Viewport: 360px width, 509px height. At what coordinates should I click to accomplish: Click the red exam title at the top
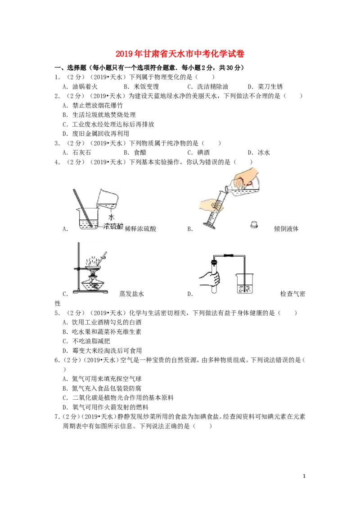pos(180,54)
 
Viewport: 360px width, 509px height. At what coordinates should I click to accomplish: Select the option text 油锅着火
pos(85,87)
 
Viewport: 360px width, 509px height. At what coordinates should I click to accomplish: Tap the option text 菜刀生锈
pos(270,87)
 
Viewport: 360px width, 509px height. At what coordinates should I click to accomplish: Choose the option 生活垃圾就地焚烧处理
pos(104,115)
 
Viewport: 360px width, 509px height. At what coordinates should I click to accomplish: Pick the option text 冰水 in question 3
pos(264,152)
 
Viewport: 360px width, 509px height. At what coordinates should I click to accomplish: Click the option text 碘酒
pos(203,152)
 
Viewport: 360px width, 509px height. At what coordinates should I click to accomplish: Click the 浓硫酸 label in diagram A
pos(113,226)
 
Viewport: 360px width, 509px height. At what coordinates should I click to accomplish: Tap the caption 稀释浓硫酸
pos(140,229)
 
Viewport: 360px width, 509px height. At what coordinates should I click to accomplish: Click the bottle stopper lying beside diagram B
pos(254,224)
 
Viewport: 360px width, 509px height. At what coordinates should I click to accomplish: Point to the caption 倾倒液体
pos(286,229)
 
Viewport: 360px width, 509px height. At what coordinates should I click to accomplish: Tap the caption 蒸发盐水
pos(131,294)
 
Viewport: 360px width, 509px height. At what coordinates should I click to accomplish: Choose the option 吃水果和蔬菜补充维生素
pos(107,332)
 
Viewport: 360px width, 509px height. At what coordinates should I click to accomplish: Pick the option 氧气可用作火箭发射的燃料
pos(110,407)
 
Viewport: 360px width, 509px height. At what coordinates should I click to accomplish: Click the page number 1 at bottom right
pos(304,476)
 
